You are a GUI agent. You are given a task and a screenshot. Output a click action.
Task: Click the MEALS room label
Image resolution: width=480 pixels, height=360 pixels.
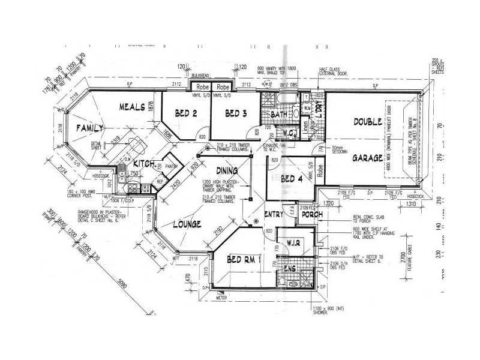coord(132,107)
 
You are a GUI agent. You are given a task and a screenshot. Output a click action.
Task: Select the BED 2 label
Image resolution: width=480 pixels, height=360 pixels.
coord(186,113)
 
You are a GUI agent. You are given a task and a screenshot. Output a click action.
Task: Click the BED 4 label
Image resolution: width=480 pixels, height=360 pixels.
coord(292,178)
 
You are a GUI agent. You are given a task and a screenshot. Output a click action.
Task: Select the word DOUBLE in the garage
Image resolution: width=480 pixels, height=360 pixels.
coord(368,122)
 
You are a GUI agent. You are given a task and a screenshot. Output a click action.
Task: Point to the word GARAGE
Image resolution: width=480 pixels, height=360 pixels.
coord(368,159)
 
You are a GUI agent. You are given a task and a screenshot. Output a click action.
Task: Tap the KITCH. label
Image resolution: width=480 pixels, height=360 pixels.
coord(144,164)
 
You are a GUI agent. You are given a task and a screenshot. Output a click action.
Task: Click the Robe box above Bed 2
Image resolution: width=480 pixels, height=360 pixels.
coord(200,86)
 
